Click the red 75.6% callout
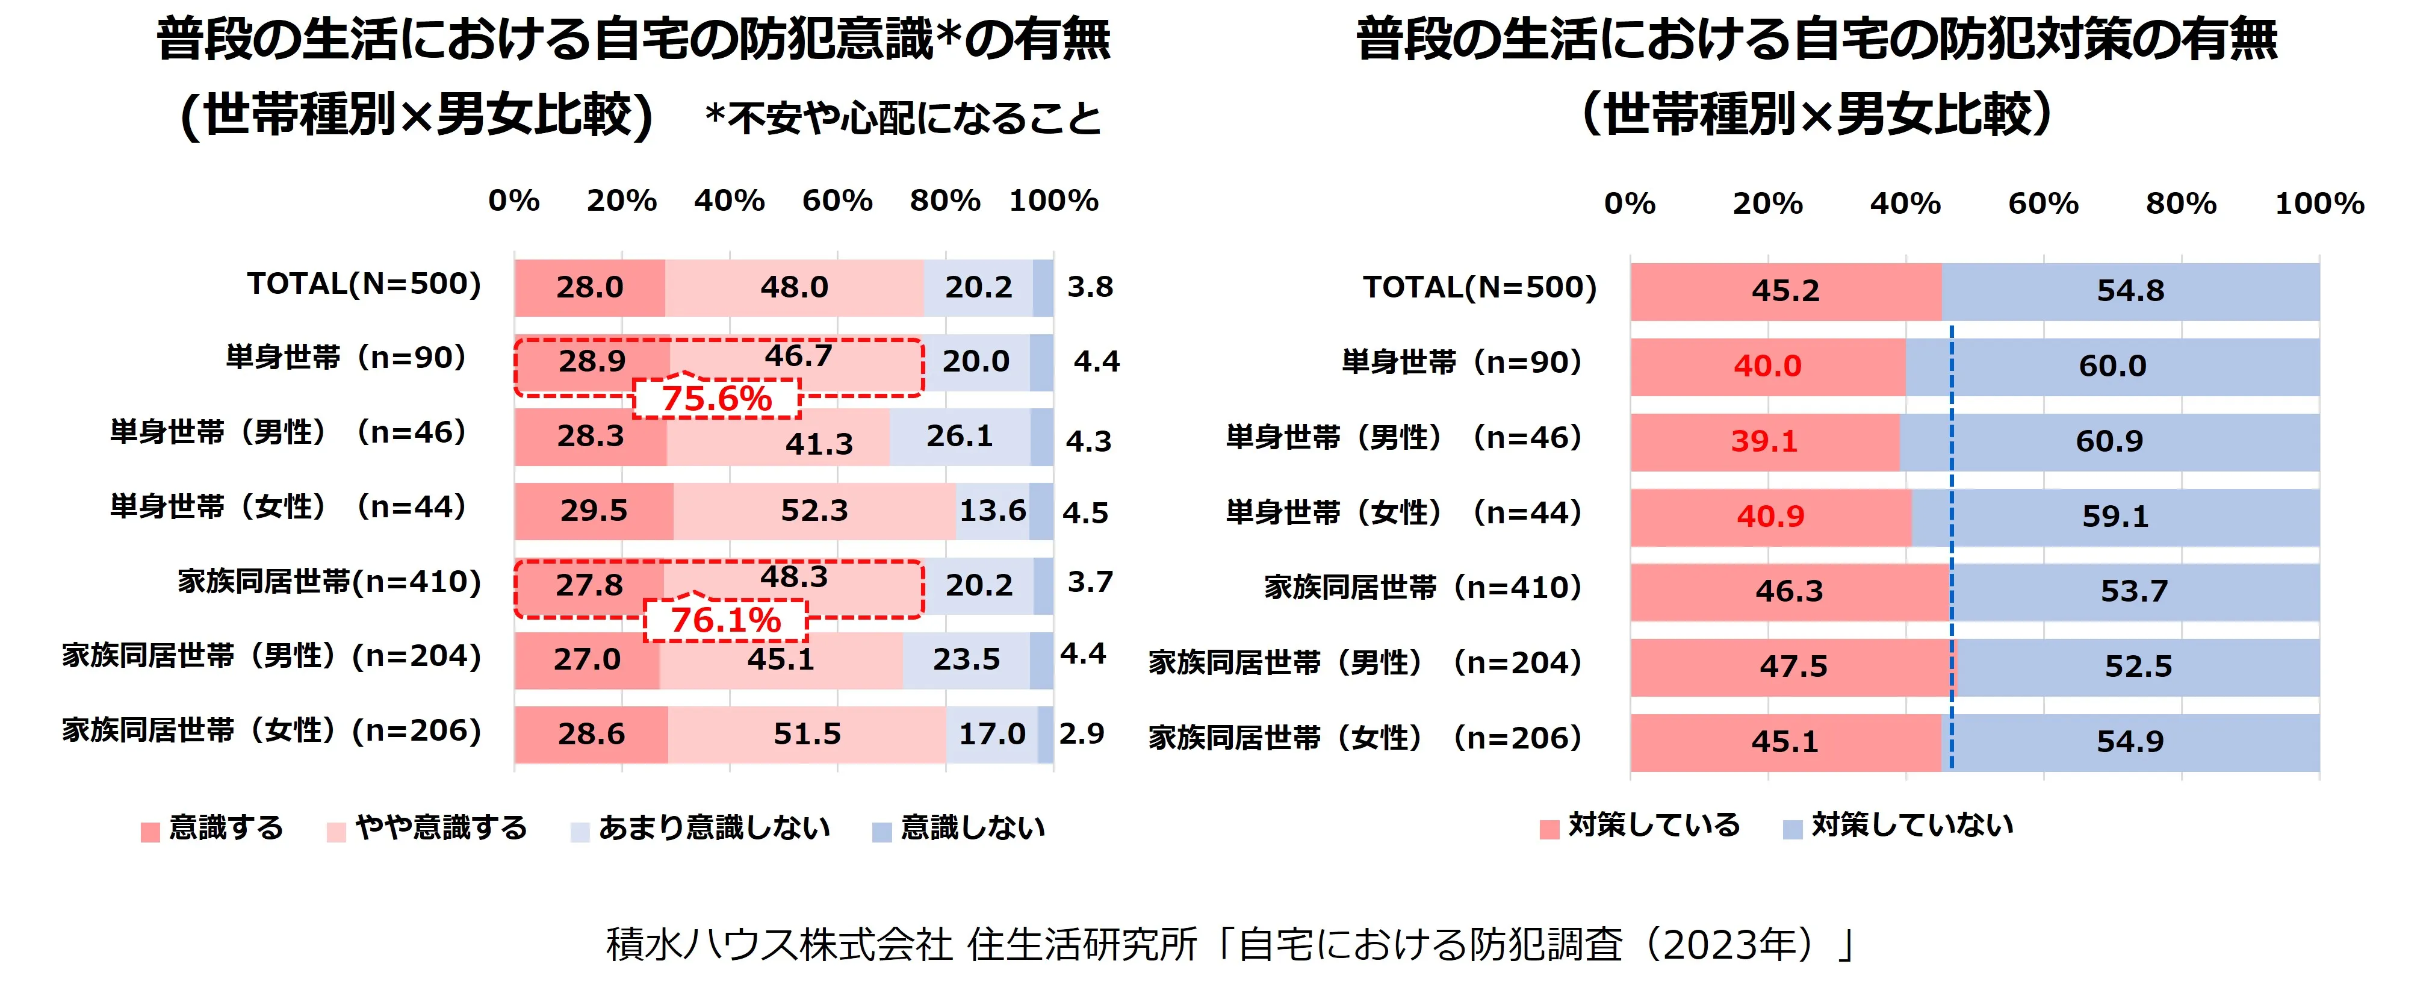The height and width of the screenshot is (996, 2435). pos(716,398)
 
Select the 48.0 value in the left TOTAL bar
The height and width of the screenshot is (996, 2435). pos(794,287)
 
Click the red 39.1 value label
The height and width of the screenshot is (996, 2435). pos(1764,441)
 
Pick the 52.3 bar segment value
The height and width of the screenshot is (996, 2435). pos(814,511)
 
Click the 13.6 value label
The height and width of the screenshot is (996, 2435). pos(993,511)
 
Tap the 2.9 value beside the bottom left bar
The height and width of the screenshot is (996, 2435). pos(1081,733)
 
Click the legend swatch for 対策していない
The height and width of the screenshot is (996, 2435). pos(1792,830)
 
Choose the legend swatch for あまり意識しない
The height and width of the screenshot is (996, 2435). pos(580,832)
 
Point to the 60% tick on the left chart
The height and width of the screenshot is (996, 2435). pos(837,201)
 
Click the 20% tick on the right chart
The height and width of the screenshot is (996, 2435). pos(1767,204)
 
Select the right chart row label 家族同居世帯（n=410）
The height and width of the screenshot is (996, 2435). pos(1422,587)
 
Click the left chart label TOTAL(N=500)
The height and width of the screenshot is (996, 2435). pos(364,284)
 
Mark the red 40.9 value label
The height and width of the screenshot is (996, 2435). pos(1770,517)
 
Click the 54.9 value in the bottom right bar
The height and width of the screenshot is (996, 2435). pos(2130,741)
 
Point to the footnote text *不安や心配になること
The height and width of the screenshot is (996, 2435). pos(903,118)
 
